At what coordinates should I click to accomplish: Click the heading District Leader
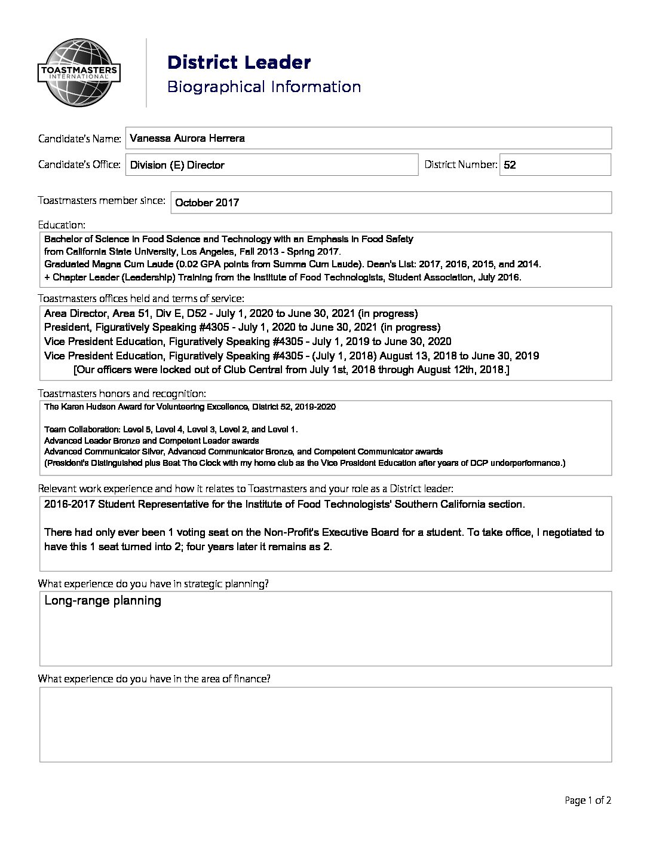[x=239, y=62]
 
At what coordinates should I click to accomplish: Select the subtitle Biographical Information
[x=263, y=87]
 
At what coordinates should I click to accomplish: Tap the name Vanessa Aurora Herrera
[x=187, y=138]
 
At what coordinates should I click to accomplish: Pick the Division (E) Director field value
[x=177, y=165]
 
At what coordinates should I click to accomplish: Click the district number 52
[x=510, y=165]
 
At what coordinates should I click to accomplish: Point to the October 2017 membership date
[x=206, y=203]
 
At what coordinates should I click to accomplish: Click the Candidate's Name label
[x=79, y=139]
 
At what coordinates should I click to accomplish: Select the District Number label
[x=461, y=164]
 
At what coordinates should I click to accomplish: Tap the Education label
[x=62, y=225]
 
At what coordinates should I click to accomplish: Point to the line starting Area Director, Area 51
[x=231, y=313]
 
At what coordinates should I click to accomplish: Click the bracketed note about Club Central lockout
[x=291, y=370]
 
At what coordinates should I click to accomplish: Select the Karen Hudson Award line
[x=189, y=407]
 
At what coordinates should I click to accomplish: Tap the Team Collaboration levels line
[x=171, y=429]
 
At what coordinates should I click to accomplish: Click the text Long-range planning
[x=103, y=600]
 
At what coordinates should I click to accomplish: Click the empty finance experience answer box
[x=326, y=724]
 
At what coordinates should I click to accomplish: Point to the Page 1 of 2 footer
[x=588, y=800]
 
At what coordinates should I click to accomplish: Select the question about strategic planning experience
[x=153, y=584]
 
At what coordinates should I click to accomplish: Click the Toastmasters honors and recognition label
[x=122, y=393]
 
